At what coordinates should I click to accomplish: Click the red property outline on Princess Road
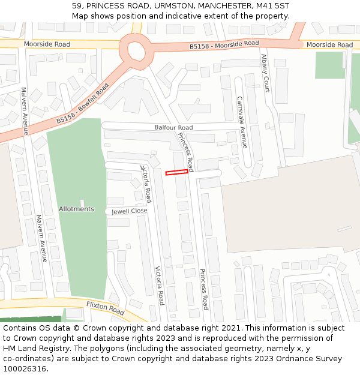176,173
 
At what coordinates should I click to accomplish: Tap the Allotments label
76,209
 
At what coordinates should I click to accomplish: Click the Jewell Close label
129,211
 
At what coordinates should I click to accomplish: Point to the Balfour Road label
173,128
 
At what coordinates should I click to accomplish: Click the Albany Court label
265,73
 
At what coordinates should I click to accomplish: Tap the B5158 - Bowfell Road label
83,104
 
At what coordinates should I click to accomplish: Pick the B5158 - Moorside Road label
224,44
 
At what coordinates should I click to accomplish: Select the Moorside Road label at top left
47,44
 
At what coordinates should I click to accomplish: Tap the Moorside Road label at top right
329,45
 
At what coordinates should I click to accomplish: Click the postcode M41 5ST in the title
272,6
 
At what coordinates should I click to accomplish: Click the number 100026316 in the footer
25,369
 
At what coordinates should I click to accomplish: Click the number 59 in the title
76,6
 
